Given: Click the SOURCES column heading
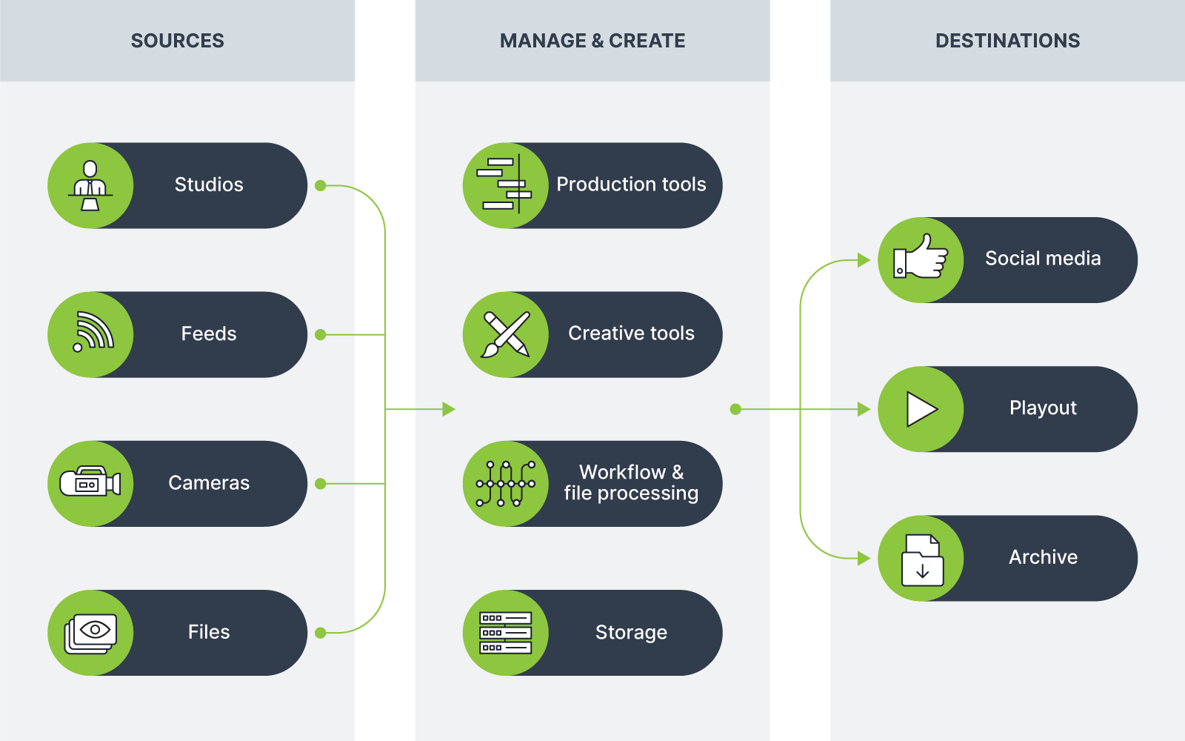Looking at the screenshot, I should click(177, 41).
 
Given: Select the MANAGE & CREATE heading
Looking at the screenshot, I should click(592, 41).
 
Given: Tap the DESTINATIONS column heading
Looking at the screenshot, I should click(1007, 41).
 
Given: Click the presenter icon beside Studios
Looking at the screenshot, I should click(90, 185).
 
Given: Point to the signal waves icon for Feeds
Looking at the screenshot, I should click(93, 332).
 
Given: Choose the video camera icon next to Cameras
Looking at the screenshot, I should click(90, 483).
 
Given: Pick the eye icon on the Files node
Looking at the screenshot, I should click(92, 632).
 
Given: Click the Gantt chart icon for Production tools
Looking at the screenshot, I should click(505, 185).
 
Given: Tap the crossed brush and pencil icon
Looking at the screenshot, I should click(506, 334).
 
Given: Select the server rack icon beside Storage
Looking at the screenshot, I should click(506, 633).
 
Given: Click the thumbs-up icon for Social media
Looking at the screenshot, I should click(921, 259).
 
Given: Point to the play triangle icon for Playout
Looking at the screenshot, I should click(921, 409).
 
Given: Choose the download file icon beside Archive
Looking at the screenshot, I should click(922, 560).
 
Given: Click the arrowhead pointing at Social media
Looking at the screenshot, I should click(864, 260).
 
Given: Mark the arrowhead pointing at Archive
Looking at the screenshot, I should click(864, 558).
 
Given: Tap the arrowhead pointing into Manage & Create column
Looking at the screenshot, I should click(448, 409).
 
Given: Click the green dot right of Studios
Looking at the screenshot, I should click(321, 185).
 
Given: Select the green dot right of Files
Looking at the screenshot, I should click(321, 633).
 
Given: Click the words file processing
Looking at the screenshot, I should click(631, 494).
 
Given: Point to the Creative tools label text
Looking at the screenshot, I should click(631, 333).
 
